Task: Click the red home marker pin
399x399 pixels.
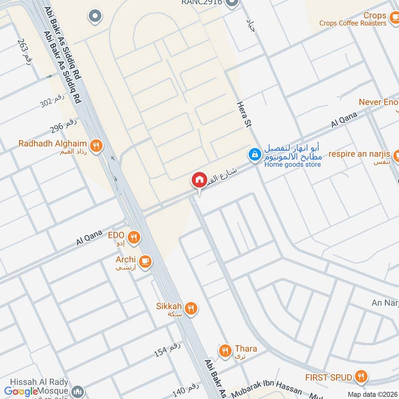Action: pos(199,180)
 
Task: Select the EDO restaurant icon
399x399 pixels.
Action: pos(133,238)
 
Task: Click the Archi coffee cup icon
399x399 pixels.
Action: pos(145,261)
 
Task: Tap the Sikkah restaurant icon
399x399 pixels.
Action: pos(190,309)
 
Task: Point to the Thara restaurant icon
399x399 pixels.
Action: pos(225,351)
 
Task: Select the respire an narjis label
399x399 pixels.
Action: pos(359,154)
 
